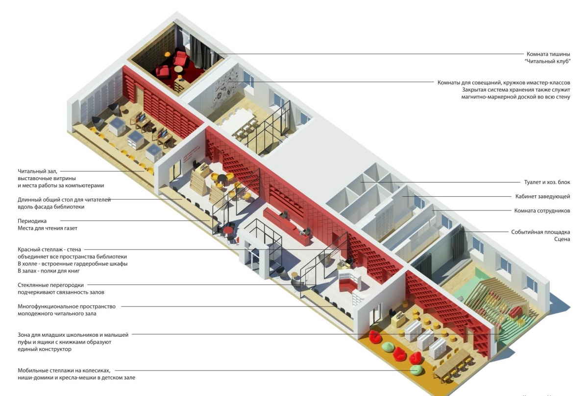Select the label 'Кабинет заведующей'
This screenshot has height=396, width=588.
542,196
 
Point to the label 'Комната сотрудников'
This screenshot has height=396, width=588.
542,210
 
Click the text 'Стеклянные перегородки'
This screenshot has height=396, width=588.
50,285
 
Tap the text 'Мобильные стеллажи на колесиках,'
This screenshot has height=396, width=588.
64,371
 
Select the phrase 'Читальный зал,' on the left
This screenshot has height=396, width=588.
37,171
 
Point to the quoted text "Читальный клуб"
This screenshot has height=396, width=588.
547,61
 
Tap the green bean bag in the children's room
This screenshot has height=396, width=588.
417,369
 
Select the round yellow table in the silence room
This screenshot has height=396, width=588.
178,70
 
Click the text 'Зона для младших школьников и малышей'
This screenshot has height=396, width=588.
73,335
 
